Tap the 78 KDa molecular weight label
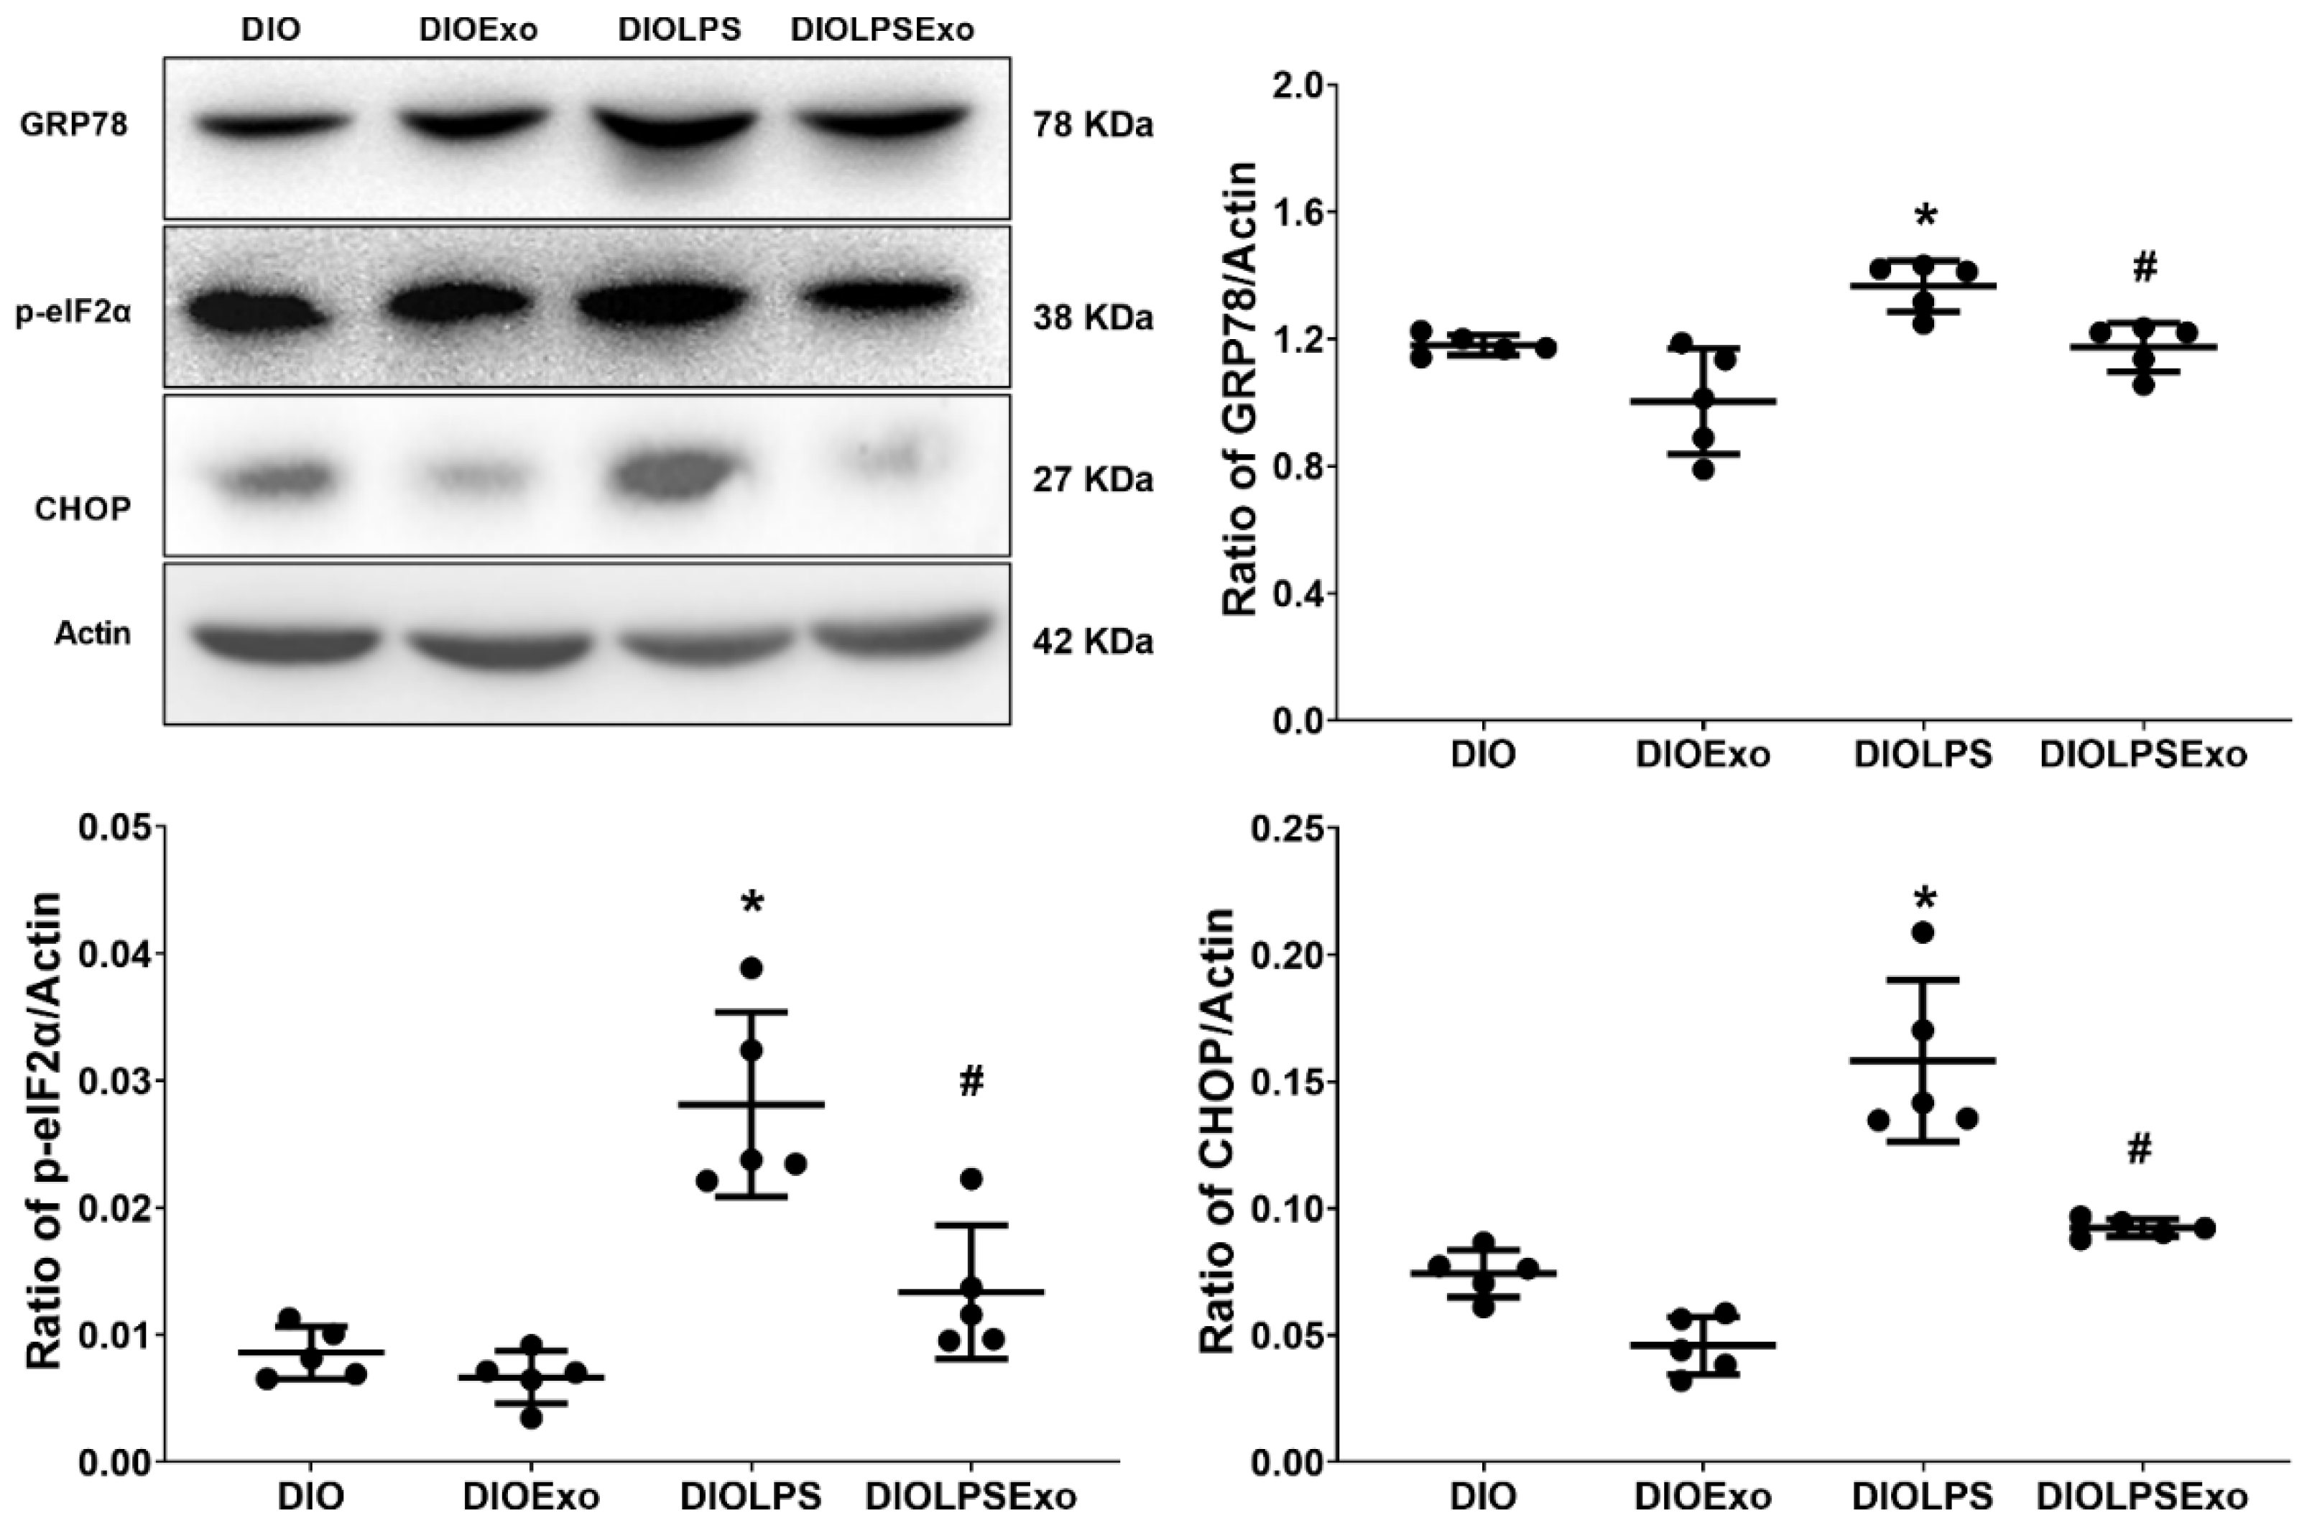click(x=1093, y=125)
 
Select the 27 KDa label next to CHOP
click(x=1093, y=480)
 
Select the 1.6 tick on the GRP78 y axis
click(x=1300, y=213)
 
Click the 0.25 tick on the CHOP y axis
click(x=1291, y=828)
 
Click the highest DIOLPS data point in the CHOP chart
click(x=1923, y=932)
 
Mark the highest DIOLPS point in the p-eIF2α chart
click(x=751, y=968)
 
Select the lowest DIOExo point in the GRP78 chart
click(x=1703, y=470)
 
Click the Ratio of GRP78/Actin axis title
click(x=1241, y=389)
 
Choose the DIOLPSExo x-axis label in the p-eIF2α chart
click(x=971, y=1496)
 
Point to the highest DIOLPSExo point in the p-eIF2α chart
click(x=971, y=1179)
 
